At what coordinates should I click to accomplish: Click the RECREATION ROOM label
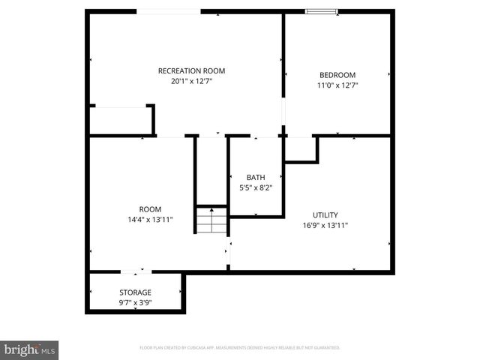pyautogui.click(x=191, y=71)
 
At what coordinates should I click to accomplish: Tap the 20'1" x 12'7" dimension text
pyautogui.click(x=191, y=82)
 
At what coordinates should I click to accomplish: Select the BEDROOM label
pyautogui.click(x=337, y=75)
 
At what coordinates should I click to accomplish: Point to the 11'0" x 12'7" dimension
pyautogui.click(x=337, y=85)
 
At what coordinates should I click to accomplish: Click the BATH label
pyautogui.click(x=256, y=178)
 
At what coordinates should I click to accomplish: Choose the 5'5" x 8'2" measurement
pyautogui.click(x=256, y=187)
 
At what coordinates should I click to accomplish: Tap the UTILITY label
pyautogui.click(x=325, y=214)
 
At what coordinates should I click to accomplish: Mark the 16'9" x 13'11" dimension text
pyautogui.click(x=325, y=225)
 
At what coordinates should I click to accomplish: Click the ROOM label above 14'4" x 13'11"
pyautogui.click(x=150, y=209)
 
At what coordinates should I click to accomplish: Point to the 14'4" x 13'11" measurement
pyautogui.click(x=150, y=220)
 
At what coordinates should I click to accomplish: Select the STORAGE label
pyautogui.click(x=135, y=292)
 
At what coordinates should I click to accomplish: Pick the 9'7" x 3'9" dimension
pyautogui.click(x=135, y=303)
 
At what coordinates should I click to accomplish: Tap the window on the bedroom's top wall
pyautogui.click(x=322, y=11)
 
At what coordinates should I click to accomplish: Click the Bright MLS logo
pyautogui.click(x=30, y=349)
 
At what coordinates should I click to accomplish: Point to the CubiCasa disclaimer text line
pyautogui.click(x=240, y=348)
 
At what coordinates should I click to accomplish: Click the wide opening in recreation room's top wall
pyautogui.click(x=168, y=11)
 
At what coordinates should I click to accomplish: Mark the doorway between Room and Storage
pyautogui.click(x=136, y=271)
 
